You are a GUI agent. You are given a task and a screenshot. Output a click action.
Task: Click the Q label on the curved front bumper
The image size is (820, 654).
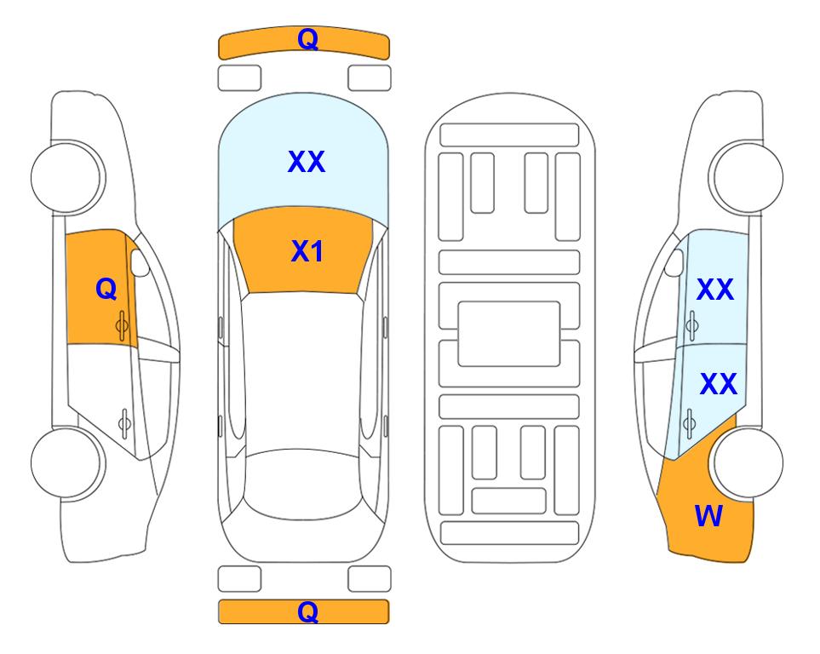[x=307, y=39]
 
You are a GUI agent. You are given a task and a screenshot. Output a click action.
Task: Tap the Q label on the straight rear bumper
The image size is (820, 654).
[x=307, y=611]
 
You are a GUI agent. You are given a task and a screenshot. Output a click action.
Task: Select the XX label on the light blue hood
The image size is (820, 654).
[x=307, y=162]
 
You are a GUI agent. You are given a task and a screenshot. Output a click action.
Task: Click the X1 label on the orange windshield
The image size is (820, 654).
[x=307, y=251]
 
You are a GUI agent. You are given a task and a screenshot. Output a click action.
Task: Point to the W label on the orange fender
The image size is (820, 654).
[x=708, y=516]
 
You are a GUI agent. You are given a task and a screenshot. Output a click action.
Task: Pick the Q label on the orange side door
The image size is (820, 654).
[x=106, y=289]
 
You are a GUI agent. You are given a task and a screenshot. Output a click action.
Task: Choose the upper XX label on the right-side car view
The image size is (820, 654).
[x=715, y=290]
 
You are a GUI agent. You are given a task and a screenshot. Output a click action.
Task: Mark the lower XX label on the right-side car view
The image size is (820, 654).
[x=719, y=384]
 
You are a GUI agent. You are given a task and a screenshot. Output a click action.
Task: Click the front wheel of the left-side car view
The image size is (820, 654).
[x=66, y=178]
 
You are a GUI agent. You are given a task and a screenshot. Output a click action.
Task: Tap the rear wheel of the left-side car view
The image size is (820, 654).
[x=66, y=462]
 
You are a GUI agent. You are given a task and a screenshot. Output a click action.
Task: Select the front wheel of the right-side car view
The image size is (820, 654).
[x=748, y=178]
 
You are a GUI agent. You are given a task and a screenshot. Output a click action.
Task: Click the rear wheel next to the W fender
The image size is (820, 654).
[x=748, y=462]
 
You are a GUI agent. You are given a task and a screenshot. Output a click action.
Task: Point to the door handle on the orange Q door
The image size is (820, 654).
[x=122, y=325]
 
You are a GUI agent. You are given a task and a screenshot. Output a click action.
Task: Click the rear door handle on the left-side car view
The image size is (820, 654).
[x=124, y=422]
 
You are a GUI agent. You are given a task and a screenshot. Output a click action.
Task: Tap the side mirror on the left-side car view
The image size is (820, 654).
[x=140, y=262]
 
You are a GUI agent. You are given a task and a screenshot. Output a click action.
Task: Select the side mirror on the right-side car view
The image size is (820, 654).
[x=674, y=262]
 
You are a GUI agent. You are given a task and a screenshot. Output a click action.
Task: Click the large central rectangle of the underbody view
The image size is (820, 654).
[x=509, y=334]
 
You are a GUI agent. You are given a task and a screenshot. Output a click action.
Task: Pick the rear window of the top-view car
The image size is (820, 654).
[x=304, y=483]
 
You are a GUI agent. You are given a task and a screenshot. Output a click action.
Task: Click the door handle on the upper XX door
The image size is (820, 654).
[x=692, y=325]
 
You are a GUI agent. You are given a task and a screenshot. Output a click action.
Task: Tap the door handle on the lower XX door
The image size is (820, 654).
[x=690, y=422]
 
